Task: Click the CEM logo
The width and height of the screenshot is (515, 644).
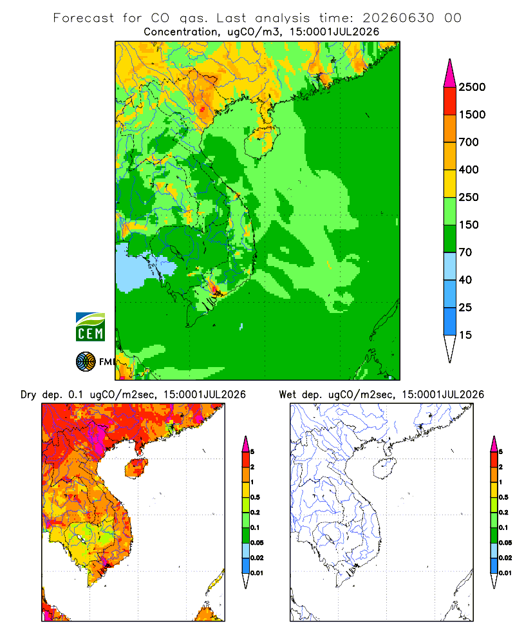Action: point(90,327)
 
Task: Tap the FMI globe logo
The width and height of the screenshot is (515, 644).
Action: point(86,362)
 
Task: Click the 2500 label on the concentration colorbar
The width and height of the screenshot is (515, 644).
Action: point(472,87)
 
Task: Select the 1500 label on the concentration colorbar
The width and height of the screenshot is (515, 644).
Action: point(472,115)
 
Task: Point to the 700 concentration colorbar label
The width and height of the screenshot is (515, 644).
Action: point(469,142)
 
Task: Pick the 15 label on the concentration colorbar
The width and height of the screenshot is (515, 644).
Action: point(465,335)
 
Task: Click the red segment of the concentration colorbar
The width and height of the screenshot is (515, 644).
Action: point(450,101)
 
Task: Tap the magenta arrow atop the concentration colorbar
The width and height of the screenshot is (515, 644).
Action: point(450,73)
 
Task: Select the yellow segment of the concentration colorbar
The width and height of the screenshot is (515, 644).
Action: point(450,184)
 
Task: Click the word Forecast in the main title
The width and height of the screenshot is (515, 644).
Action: point(84,18)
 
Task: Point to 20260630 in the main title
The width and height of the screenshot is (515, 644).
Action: point(398,18)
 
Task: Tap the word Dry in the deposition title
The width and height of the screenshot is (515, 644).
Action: point(29,395)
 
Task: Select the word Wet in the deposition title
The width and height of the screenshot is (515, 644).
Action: point(288,395)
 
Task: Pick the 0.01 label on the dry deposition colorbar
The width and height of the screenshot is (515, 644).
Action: point(257,573)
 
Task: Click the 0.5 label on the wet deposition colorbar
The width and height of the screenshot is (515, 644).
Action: point(503,497)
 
